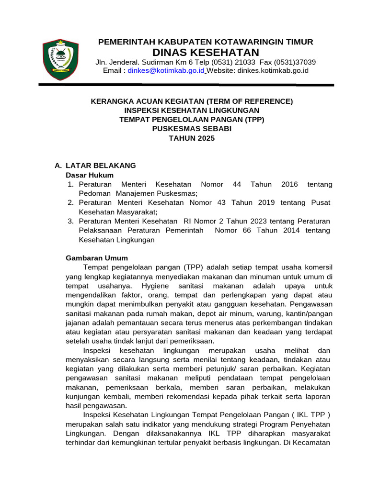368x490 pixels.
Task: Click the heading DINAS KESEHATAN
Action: click(x=205, y=52)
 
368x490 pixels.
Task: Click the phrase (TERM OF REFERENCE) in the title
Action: click(x=249, y=101)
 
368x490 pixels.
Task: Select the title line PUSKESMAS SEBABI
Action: click(x=191, y=129)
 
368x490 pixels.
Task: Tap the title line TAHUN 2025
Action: click(x=192, y=138)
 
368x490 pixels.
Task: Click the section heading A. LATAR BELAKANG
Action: click(x=95, y=166)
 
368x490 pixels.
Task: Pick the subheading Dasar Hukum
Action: click(x=89, y=175)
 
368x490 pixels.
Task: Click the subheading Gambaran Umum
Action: click(x=96, y=258)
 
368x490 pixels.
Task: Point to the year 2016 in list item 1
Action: click(x=289, y=184)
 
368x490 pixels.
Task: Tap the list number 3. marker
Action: click(x=70, y=221)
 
